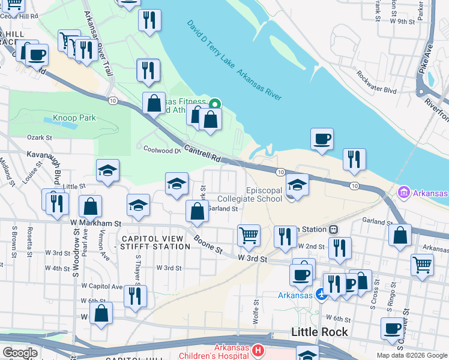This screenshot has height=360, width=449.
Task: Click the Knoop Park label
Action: coord(74,118)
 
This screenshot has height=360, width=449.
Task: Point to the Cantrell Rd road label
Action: coord(202,155)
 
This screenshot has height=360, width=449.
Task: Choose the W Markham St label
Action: coord(95,223)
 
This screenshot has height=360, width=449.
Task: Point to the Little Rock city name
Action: coord(319,332)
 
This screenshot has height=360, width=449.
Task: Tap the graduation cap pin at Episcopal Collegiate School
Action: coord(297,185)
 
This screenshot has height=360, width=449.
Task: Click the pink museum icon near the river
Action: coord(404,193)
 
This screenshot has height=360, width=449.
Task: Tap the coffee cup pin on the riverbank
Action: coord(322,140)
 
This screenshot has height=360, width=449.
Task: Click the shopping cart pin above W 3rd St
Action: coord(249,236)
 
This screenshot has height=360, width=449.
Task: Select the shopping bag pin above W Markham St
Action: coord(197,211)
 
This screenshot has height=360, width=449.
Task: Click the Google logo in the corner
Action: coord(20,353)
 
